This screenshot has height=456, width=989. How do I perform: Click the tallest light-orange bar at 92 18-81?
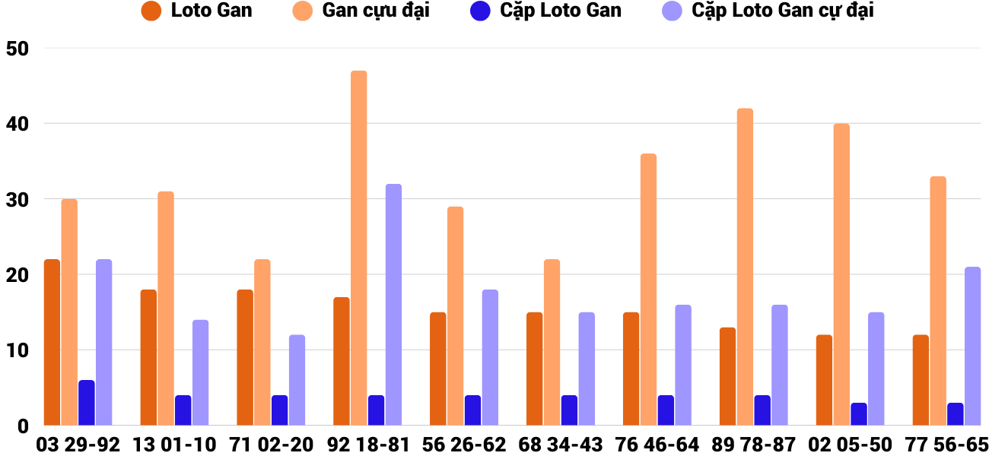point(358,248)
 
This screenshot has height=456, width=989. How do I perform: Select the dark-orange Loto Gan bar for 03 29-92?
point(52,342)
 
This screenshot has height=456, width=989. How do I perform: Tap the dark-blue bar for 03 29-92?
point(87,403)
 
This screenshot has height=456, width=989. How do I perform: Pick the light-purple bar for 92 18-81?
point(393,304)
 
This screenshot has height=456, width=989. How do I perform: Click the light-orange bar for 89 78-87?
point(745,266)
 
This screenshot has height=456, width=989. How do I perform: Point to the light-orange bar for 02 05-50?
point(841,274)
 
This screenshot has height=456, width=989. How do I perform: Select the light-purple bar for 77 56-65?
point(972,346)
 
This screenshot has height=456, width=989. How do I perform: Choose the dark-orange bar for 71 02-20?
point(245,357)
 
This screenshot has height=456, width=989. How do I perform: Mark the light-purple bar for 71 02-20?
point(297,380)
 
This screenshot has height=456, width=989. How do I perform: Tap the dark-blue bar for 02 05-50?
point(859,414)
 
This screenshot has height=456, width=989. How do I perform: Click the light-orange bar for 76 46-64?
point(648,289)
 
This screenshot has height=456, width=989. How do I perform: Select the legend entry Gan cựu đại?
point(375,11)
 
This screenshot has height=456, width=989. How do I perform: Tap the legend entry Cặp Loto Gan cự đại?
point(782,11)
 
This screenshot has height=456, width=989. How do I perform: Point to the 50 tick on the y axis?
point(17,49)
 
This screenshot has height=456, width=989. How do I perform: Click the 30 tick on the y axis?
point(17,200)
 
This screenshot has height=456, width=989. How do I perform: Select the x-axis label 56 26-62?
point(464,445)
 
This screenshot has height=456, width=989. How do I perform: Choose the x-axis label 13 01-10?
point(174,445)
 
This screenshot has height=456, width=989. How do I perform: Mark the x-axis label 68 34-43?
point(561,445)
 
